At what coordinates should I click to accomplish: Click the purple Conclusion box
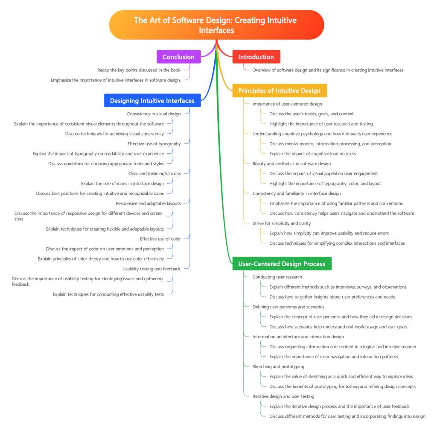[178, 57]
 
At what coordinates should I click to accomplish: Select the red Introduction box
[256, 57]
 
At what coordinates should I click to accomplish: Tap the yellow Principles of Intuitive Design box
[279, 91]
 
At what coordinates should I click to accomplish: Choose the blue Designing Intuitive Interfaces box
[152, 101]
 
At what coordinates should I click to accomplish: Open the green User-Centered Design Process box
[282, 264]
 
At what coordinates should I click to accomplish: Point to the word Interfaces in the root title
[216, 30]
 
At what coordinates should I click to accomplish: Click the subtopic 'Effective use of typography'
[154, 144]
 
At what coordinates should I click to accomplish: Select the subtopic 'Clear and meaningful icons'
[154, 173]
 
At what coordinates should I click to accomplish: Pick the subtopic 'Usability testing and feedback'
[151, 269]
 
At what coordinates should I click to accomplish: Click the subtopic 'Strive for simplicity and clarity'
[282, 223]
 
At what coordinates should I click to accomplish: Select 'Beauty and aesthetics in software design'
[291, 164]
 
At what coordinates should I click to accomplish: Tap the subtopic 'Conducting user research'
[277, 277]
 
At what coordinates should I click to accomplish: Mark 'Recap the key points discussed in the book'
[139, 70]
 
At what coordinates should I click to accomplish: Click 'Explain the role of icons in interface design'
[122, 183]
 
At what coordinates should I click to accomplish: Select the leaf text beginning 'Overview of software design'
[327, 70]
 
